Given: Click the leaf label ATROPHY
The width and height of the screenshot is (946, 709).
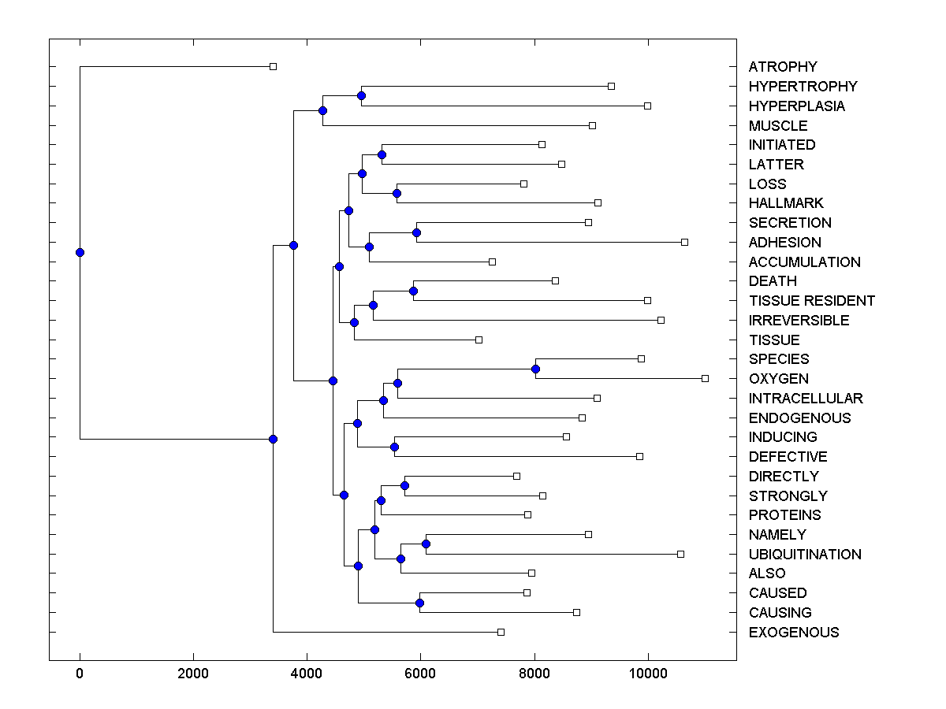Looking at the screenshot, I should click(783, 67).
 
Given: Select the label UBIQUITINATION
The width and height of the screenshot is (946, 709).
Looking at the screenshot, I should click(805, 555).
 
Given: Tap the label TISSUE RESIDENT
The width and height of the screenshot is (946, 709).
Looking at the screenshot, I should click(811, 301).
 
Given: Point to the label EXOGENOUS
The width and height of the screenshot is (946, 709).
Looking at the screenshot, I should click(794, 633).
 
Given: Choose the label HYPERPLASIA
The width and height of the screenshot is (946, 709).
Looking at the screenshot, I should click(796, 106).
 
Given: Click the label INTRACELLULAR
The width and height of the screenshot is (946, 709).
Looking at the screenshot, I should click(806, 399).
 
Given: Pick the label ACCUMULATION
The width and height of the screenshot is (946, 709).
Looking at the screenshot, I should click(804, 262).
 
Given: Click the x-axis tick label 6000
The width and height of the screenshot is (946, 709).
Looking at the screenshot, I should click(420, 674).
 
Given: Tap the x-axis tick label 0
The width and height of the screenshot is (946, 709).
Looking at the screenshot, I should click(80, 674).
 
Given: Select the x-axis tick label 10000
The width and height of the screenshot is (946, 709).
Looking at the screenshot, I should click(648, 674).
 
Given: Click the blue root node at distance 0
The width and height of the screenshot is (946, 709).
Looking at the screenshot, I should click(80, 252).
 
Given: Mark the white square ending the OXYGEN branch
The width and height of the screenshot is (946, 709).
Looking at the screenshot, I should click(705, 378).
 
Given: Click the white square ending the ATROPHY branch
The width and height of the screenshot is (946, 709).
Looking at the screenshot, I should click(273, 66).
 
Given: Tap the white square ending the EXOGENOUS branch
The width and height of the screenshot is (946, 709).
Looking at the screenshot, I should click(501, 632).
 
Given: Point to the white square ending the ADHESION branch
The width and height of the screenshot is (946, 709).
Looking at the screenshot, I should click(684, 242).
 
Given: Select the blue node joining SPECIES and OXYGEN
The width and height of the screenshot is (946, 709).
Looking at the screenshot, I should click(535, 369).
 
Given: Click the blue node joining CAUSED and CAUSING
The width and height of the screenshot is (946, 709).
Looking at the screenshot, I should click(419, 603).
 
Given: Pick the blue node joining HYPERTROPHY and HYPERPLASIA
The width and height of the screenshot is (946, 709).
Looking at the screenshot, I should click(361, 96).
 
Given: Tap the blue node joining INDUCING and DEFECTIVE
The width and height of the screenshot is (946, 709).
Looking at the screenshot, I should click(394, 447).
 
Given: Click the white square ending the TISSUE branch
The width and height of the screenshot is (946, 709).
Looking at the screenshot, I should click(479, 340).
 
